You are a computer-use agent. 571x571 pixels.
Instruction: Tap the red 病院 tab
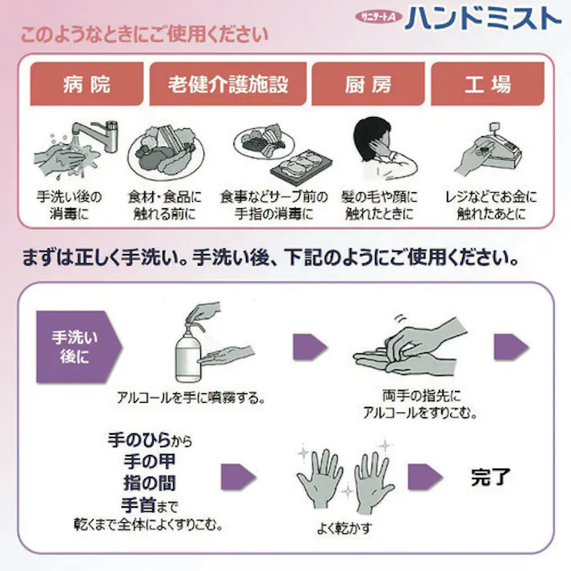point(86,84)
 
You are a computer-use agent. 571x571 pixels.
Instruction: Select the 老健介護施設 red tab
point(227,84)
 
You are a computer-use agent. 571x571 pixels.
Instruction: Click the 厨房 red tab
point(368,84)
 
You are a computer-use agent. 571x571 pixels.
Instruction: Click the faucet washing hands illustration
point(77,147)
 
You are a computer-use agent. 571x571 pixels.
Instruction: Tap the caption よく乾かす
point(344,529)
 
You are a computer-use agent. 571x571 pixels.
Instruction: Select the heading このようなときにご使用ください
point(144,35)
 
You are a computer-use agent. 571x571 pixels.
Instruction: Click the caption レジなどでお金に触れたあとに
point(490,205)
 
